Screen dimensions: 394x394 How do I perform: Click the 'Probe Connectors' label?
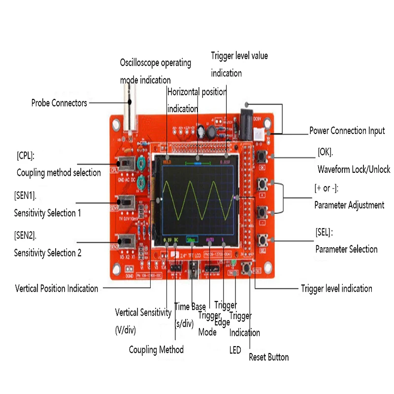pos(59,103)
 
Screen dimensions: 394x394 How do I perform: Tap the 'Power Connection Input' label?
pos(347,131)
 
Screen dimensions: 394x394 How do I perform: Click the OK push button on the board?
pos(262,157)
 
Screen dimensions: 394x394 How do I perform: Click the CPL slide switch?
pos(126,163)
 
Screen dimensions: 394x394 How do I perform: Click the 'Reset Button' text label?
pos(268,357)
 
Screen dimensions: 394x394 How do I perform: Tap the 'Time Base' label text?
pos(190,307)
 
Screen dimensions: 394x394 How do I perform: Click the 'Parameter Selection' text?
pos(346,249)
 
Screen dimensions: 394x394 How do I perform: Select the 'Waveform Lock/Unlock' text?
pos(353,169)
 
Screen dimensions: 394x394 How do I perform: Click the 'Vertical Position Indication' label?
pos(57,289)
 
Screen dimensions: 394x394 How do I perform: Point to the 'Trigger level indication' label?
pos(336,289)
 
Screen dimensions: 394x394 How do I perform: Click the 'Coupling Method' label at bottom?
pos(156,350)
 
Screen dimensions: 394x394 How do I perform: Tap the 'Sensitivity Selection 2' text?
pos(48,253)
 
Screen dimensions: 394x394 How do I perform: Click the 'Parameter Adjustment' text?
pos(349,205)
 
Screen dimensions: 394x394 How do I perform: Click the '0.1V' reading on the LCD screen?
pos(166,240)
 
